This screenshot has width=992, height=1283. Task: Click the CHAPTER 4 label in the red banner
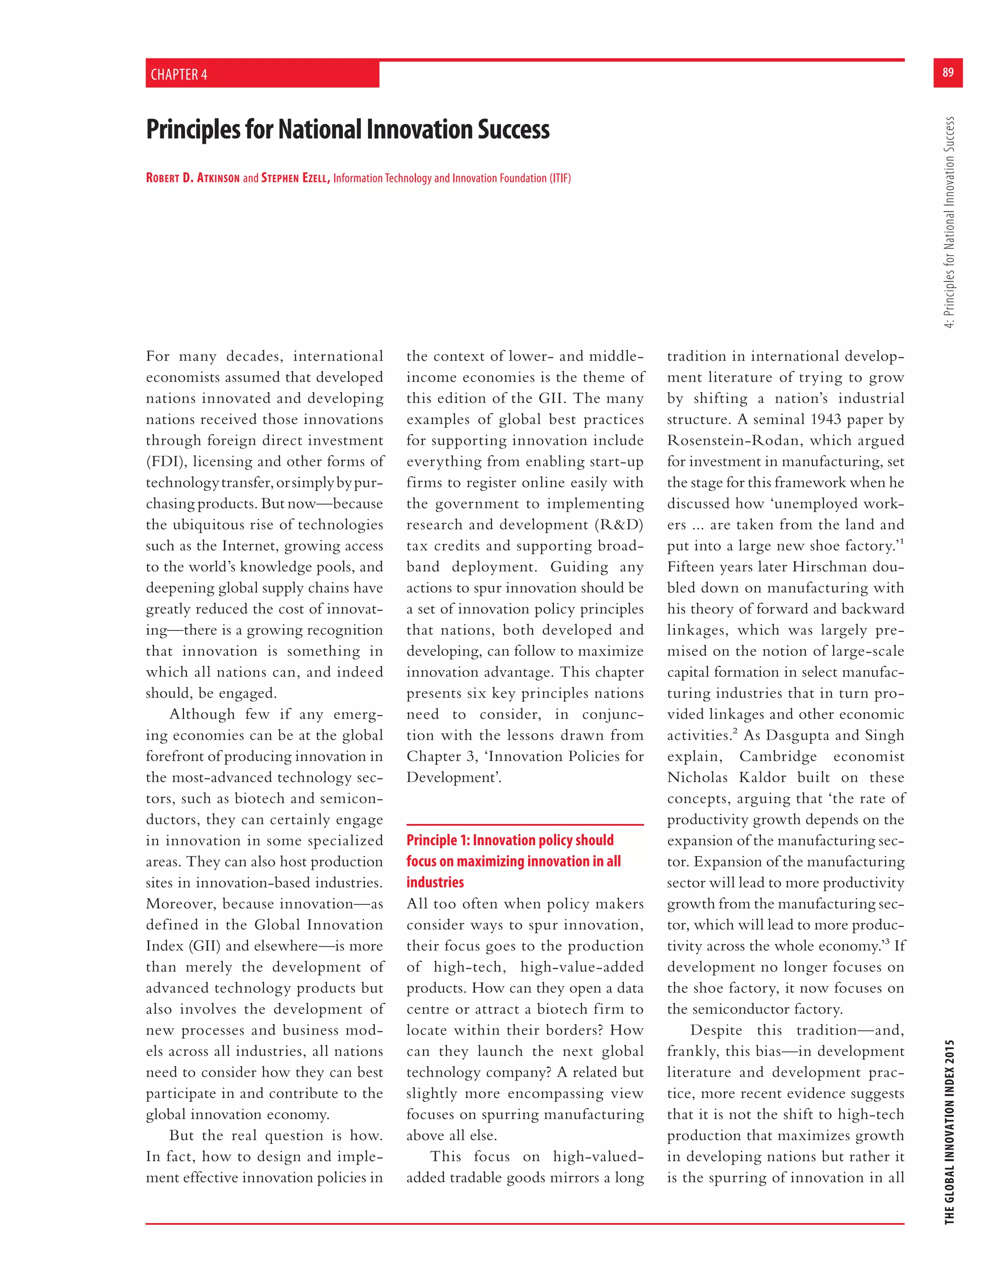coord(179,75)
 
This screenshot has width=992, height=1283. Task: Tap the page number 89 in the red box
coord(947,72)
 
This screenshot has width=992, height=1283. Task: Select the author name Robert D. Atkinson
coord(193,178)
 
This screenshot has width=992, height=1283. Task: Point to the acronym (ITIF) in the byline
coord(560,178)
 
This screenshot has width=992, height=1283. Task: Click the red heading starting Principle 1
coord(513,861)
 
